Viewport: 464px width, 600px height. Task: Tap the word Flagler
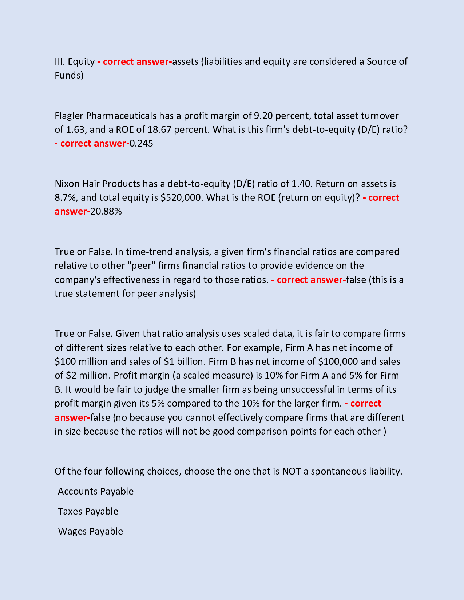click(69, 116)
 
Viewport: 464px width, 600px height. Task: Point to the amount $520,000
click(181, 198)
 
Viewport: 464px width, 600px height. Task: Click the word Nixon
click(67, 184)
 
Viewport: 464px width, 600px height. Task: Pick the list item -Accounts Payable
click(94, 492)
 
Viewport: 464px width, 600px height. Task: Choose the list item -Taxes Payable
click(86, 512)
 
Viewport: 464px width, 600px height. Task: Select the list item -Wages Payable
click(89, 532)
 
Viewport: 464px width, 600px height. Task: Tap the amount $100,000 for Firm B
click(338, 362)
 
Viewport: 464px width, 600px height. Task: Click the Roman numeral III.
click(59, 62)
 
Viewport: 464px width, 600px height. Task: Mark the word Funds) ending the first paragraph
click(69, 76)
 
